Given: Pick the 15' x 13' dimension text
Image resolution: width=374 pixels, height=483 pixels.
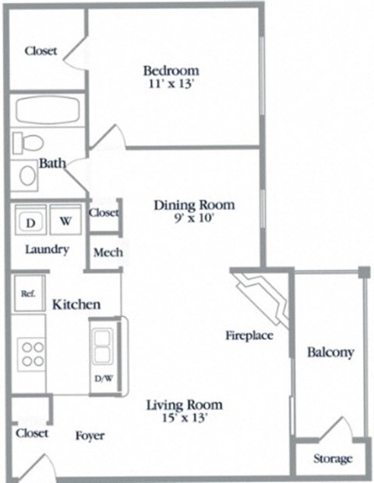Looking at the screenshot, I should coord(185,418).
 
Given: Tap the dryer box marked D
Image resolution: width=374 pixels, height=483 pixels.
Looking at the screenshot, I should coord(31,221).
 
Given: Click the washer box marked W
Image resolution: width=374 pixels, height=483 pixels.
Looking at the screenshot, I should coord(65,221).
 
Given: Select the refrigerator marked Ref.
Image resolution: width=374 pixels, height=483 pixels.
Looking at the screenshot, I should coord(28,294).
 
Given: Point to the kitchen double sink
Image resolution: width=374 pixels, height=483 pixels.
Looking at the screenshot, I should coord(102,344).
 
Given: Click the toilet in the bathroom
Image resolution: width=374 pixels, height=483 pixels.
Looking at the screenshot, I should coord(30,143).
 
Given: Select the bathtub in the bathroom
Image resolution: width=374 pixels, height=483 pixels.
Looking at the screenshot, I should coord(47,111).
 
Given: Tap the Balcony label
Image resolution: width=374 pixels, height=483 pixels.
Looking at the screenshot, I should coord(330,353).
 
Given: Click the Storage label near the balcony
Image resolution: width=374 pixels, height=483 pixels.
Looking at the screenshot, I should coord(333,459).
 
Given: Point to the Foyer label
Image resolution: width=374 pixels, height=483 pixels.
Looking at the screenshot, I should coord(90,435).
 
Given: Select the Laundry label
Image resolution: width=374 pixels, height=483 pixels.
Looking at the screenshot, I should coord(48,250).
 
